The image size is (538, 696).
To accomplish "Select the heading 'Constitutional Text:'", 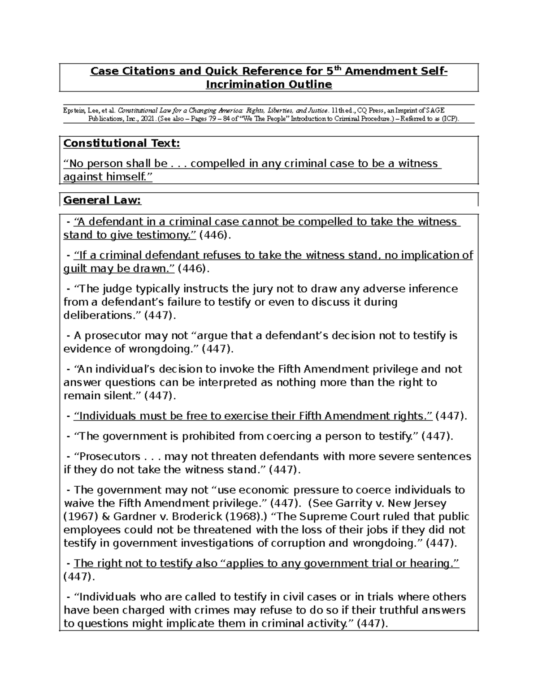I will [121, 143].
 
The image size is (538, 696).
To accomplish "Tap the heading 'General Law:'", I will [102, 200].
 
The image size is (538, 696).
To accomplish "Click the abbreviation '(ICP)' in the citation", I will [450, 119].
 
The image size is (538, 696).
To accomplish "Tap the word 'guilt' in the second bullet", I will [77, 268].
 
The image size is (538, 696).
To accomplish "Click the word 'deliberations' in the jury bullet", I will [96, 315].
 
